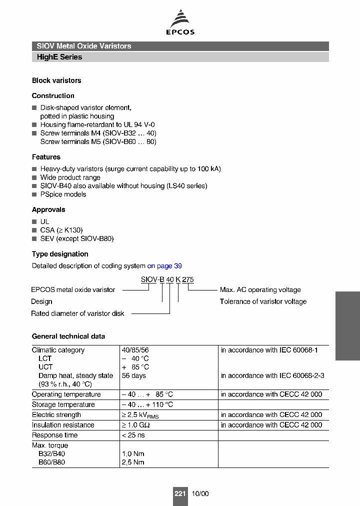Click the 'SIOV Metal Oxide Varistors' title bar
pos(84,46)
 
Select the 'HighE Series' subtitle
pos(59,57)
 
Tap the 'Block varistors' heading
pos(56,80)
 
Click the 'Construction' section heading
pos(53,95)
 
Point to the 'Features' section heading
pos(46,157)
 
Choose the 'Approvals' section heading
pos(48,209)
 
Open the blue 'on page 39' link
pos(164,266)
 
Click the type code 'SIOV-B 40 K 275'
pos(167,279)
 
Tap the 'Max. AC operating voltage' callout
pos(260,289)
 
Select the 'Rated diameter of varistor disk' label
pos(77,313)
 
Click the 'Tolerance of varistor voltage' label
pos(263,301)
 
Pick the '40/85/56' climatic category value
pos(135,350)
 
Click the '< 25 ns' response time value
pos(134,435)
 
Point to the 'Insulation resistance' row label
pos(63,425)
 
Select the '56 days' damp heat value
pos(134,375)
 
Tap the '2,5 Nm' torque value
pos(133,462)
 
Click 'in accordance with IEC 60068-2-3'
pos(272,375)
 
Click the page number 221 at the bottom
pos(180,493)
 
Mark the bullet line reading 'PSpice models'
pos(63,194)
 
